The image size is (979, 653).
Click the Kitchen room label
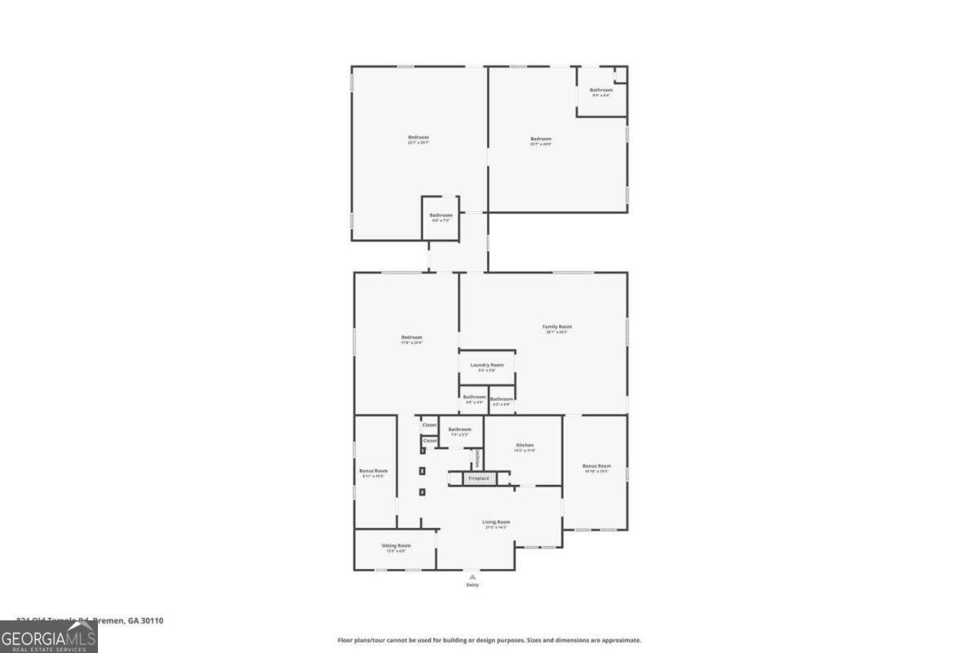[x=525, y=445]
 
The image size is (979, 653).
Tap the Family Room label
[x=557, y=326]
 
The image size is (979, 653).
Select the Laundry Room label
[x=487, y=365]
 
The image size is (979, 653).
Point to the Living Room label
[x=496, y=522]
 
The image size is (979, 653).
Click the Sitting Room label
[x=396, y=545]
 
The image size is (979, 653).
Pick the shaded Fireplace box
[x=479, y=478]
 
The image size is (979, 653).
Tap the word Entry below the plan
[x=472, y=585]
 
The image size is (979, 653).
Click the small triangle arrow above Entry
[x=472, y=576]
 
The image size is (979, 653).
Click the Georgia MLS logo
[x=49, y=637]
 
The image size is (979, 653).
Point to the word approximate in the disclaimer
[x=623, y=641]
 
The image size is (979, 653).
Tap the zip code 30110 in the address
[x=152, y=620]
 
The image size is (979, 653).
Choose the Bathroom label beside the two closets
[x=459, y=429]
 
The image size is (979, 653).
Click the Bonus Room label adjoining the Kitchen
[x=596, y=466]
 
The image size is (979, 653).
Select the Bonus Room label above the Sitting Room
[x=374, y=471]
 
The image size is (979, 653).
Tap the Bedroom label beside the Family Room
[x=411, y=338]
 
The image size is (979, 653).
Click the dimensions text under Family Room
[x=557, y=332]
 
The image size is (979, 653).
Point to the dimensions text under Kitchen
[x=525, y=451]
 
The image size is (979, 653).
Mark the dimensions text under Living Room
[x=496, y=527]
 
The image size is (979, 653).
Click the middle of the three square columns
[x=423, y=471]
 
